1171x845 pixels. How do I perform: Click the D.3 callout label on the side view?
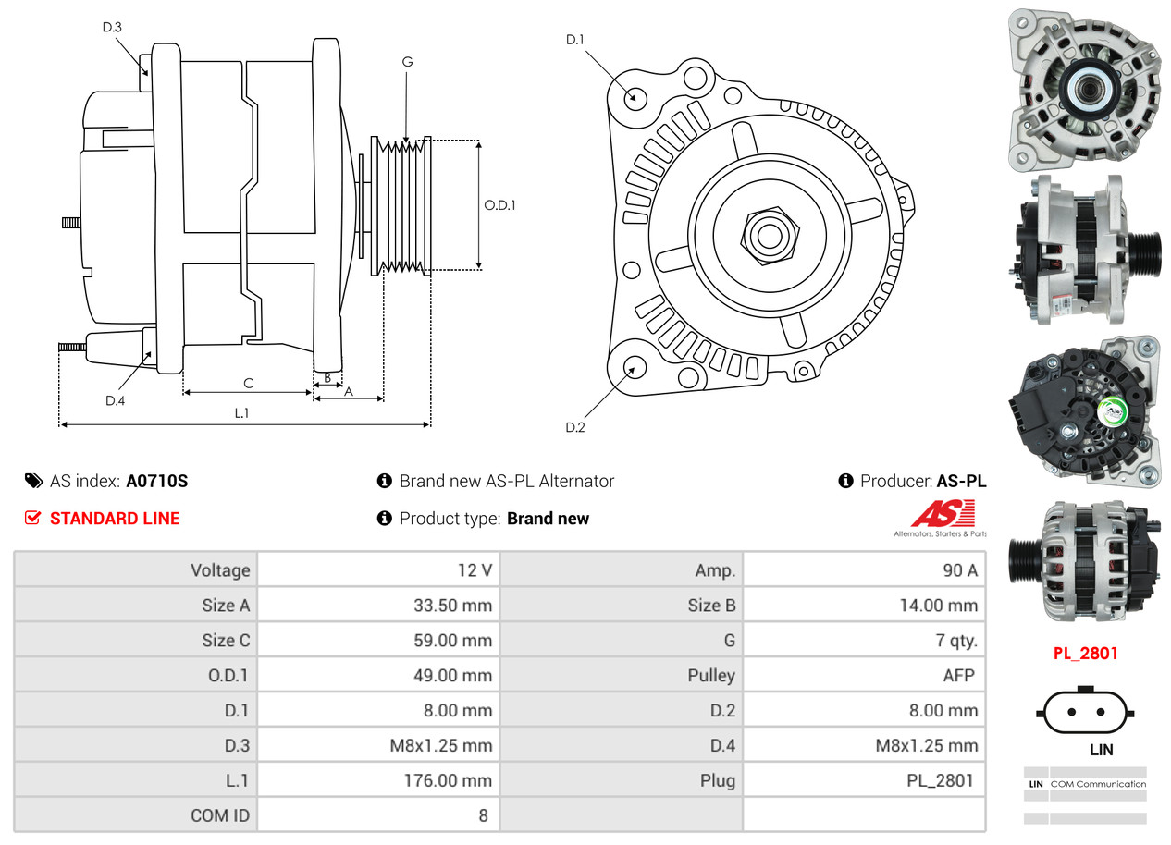coord(112,27)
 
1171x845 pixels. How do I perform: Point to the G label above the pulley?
coord(407,62)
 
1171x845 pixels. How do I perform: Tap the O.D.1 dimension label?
coord(499,205)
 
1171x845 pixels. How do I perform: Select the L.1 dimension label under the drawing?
coord(241,413)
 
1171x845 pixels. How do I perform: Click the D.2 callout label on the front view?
coord(575,427)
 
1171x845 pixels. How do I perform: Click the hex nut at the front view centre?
coord(767,235)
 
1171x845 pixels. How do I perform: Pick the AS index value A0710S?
coord(156,481)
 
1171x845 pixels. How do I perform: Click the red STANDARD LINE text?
coord(115,519)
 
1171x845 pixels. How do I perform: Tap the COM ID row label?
coord(219,815)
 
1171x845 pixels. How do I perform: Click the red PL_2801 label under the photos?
coord(1086,654)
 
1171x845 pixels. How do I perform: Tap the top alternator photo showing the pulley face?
coord(1083,89)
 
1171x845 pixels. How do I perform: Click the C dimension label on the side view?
coord(248,383)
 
